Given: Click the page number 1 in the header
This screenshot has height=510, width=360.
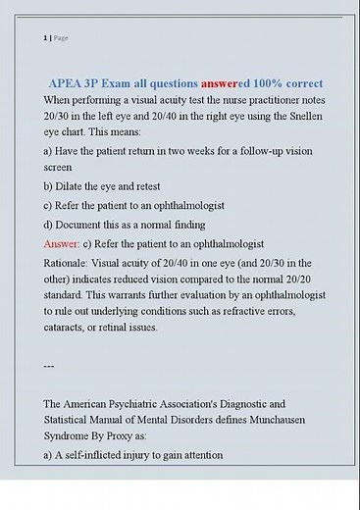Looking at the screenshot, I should [x=44, y=37].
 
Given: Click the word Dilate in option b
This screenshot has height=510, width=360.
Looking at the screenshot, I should [x=76, y=186].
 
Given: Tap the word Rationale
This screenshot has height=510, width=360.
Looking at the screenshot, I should [x=71, y=262].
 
